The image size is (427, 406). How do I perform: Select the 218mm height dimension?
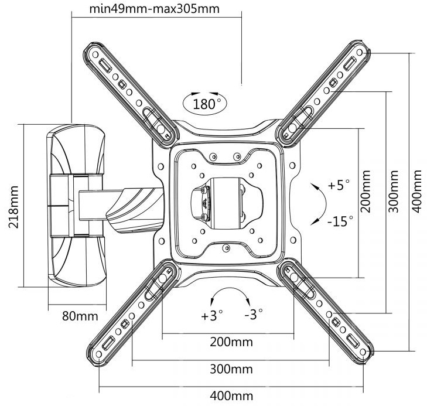[11, 206]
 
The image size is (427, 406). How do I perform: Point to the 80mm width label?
[80, 316]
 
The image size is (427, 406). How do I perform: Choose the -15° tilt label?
[340, 221]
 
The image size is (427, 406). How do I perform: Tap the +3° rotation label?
[212, 316]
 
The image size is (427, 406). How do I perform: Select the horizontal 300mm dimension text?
[231, 369]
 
